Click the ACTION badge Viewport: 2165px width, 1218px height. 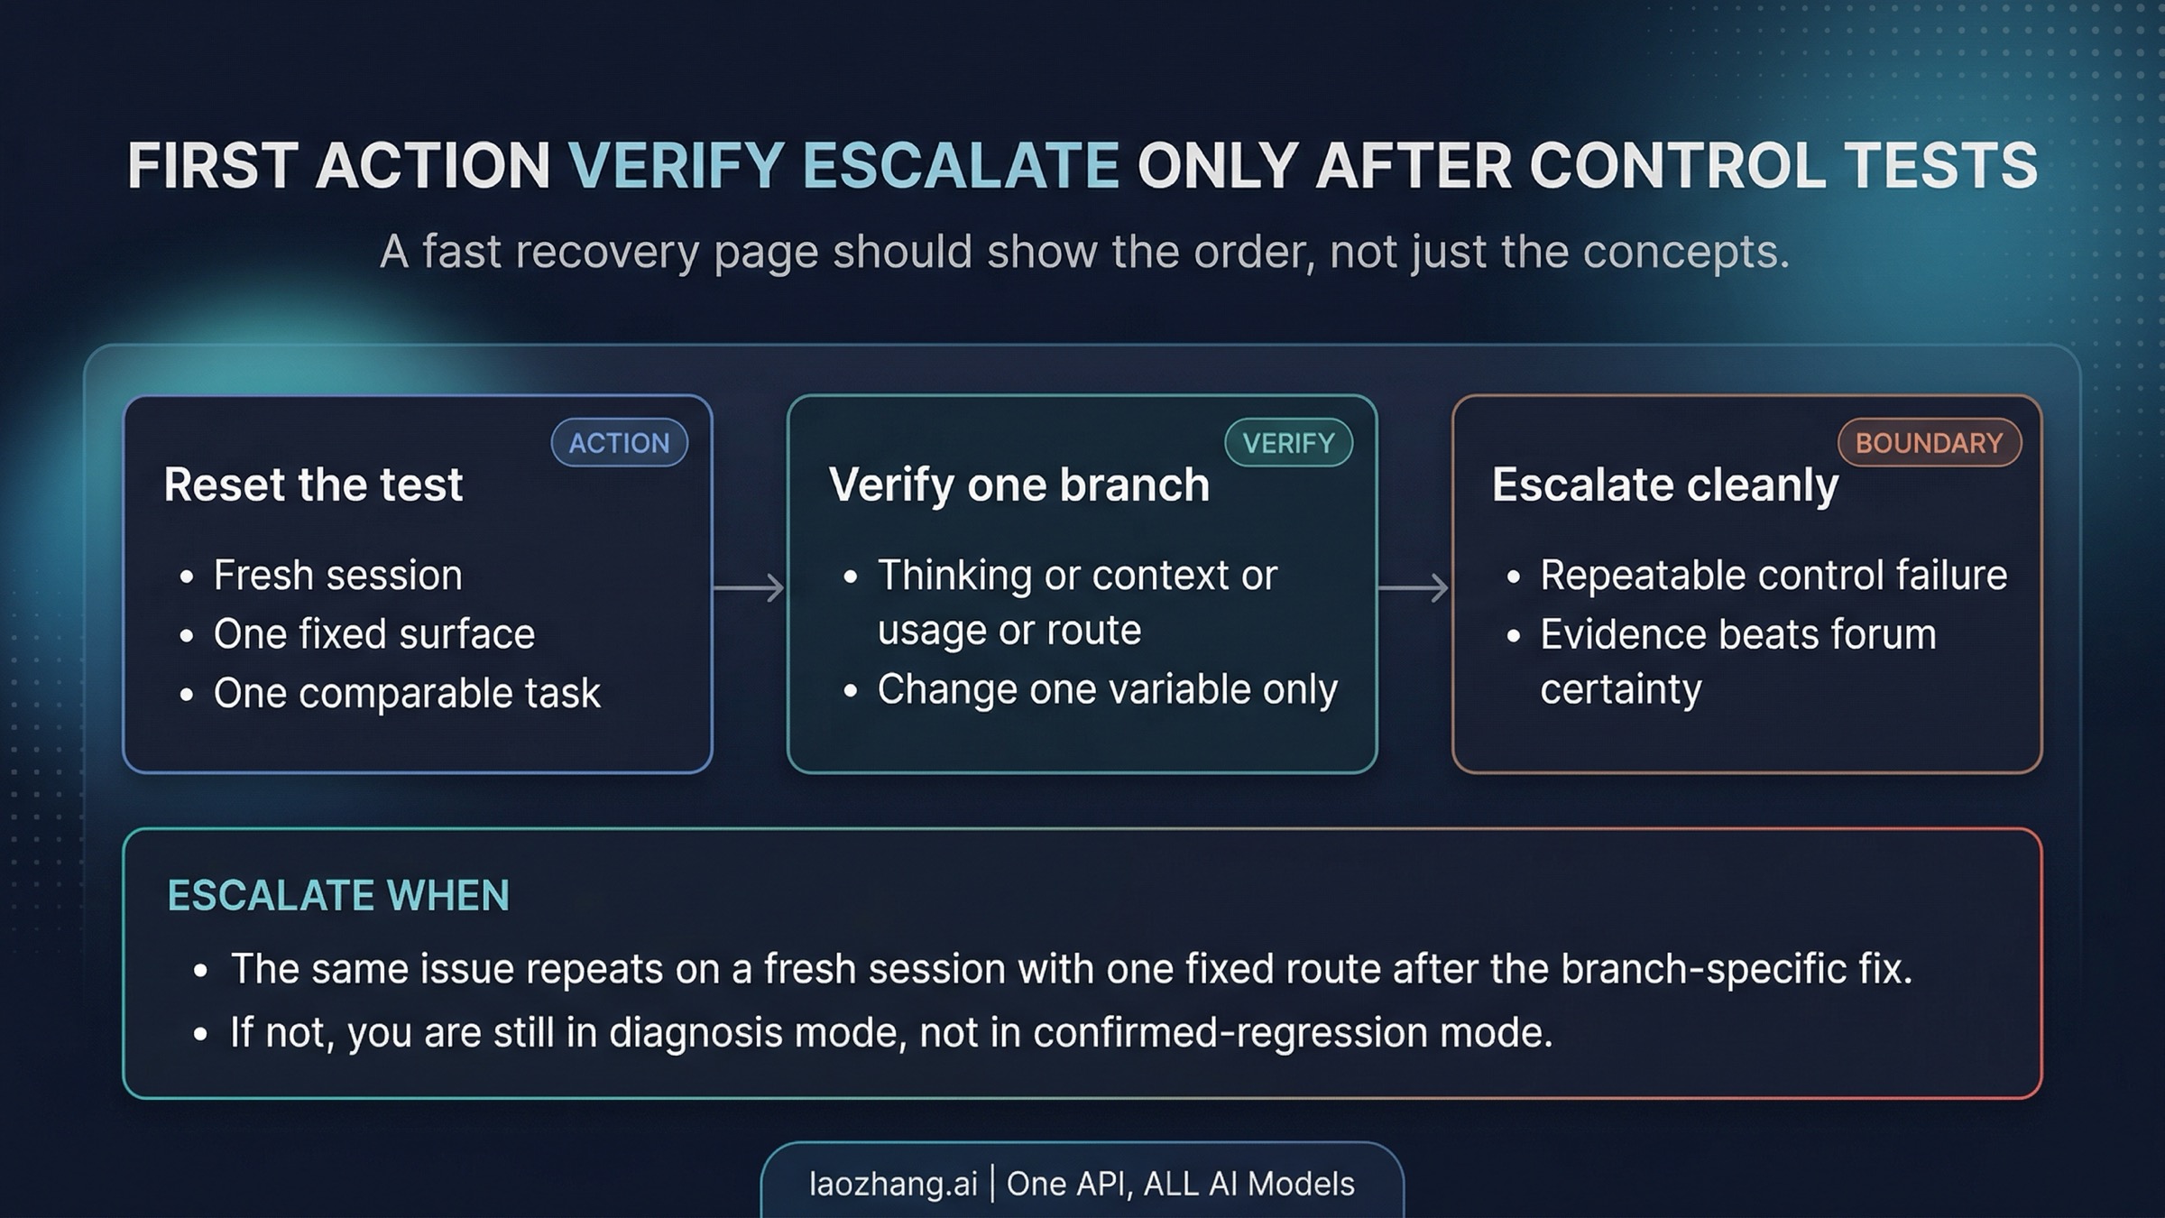click(x=620, y=442)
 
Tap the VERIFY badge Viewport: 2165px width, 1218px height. click(x=1288, y=442)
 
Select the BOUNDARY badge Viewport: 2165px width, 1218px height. click(x=1930, y=442)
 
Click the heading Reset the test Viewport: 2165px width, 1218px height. click(x=313, y=484)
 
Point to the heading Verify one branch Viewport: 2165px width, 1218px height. click(x=1018, y=484)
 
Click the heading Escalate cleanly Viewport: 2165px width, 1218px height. click(x=1664, y=485)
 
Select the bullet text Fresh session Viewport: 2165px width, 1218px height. click(x=337, y=576)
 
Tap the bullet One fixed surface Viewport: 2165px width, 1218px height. click(x=374, y=634)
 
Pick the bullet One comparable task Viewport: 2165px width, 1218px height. click(x=407, y=693)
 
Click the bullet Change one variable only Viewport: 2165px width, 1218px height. click(x=1108, y=690)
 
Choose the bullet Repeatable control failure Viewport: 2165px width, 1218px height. click(x=1773, y=576)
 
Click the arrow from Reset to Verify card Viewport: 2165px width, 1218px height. click(x=749, y=587)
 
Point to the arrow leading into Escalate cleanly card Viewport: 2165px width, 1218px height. click(x=1414, y=587)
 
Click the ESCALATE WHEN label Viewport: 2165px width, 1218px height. click(x=338, y=895)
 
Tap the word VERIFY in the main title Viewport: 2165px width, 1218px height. click(x=676, y=166)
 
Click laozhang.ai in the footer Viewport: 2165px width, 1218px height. click(x=893, y=1184)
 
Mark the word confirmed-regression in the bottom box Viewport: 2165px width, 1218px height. click(x=1230, y=1033)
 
